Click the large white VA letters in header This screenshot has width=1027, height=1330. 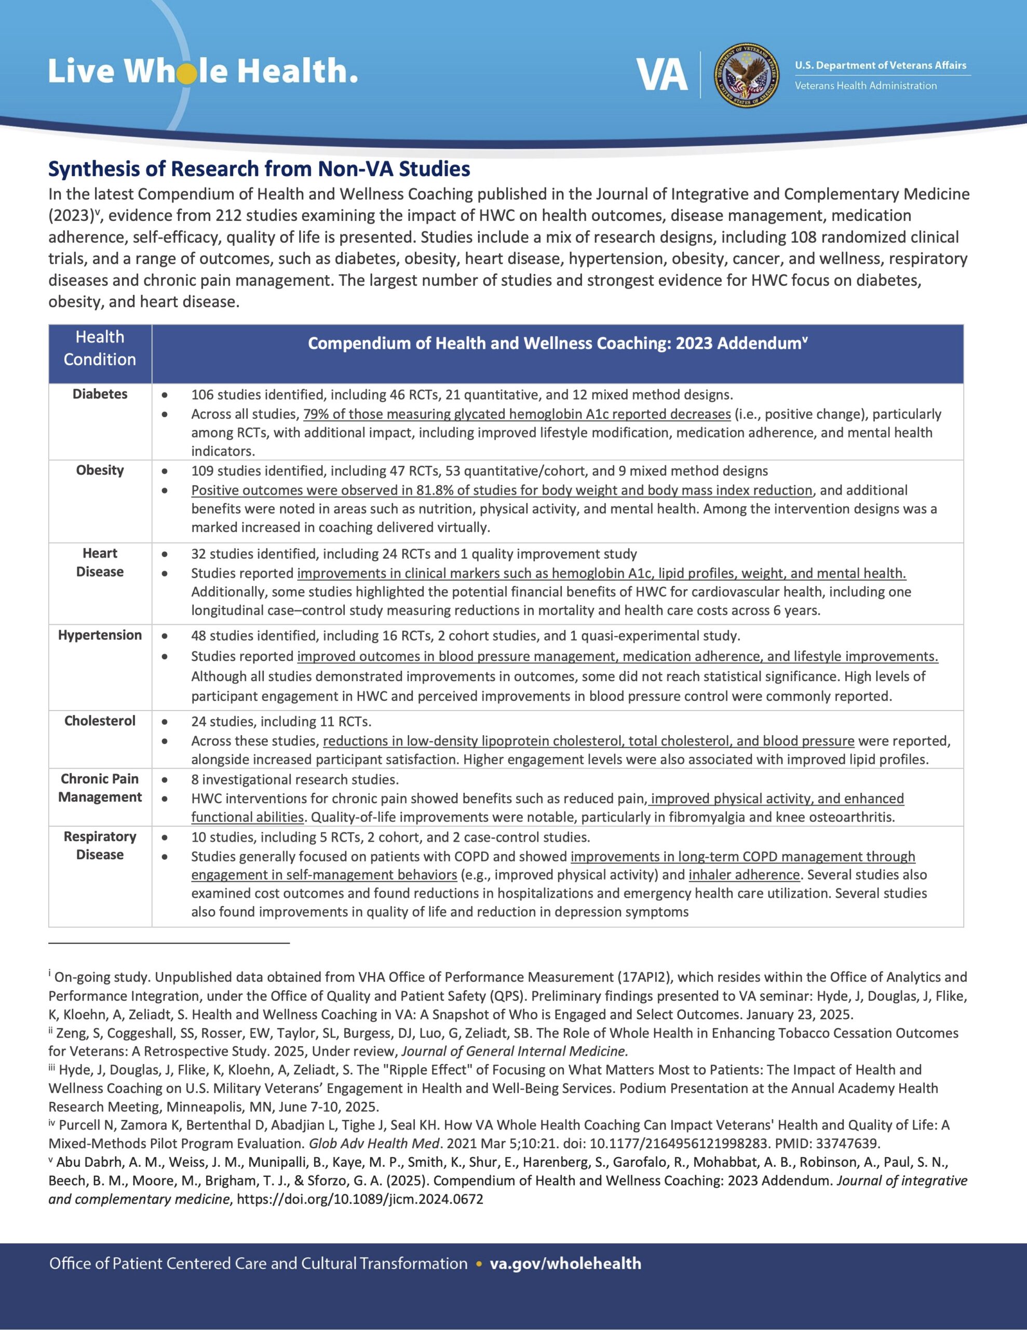coord(662,75)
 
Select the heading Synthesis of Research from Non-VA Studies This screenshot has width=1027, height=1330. coord(259,169)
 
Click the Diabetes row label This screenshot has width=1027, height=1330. coord(100,394)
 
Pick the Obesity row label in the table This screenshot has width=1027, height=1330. coord(100,470)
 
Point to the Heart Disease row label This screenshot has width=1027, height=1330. coord(100,562)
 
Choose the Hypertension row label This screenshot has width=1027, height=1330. coord(100,635)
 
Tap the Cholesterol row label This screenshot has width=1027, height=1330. coord(100,721)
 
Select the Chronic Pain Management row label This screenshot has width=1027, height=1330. coord(100,788)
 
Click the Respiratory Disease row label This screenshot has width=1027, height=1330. coord(100,845)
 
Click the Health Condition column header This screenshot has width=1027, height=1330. coord(100,348)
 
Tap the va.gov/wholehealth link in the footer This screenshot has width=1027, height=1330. coord(565,1263)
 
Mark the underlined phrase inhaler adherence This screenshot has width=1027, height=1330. coord(744,874)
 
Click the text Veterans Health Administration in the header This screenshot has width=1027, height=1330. coord(865,86)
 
